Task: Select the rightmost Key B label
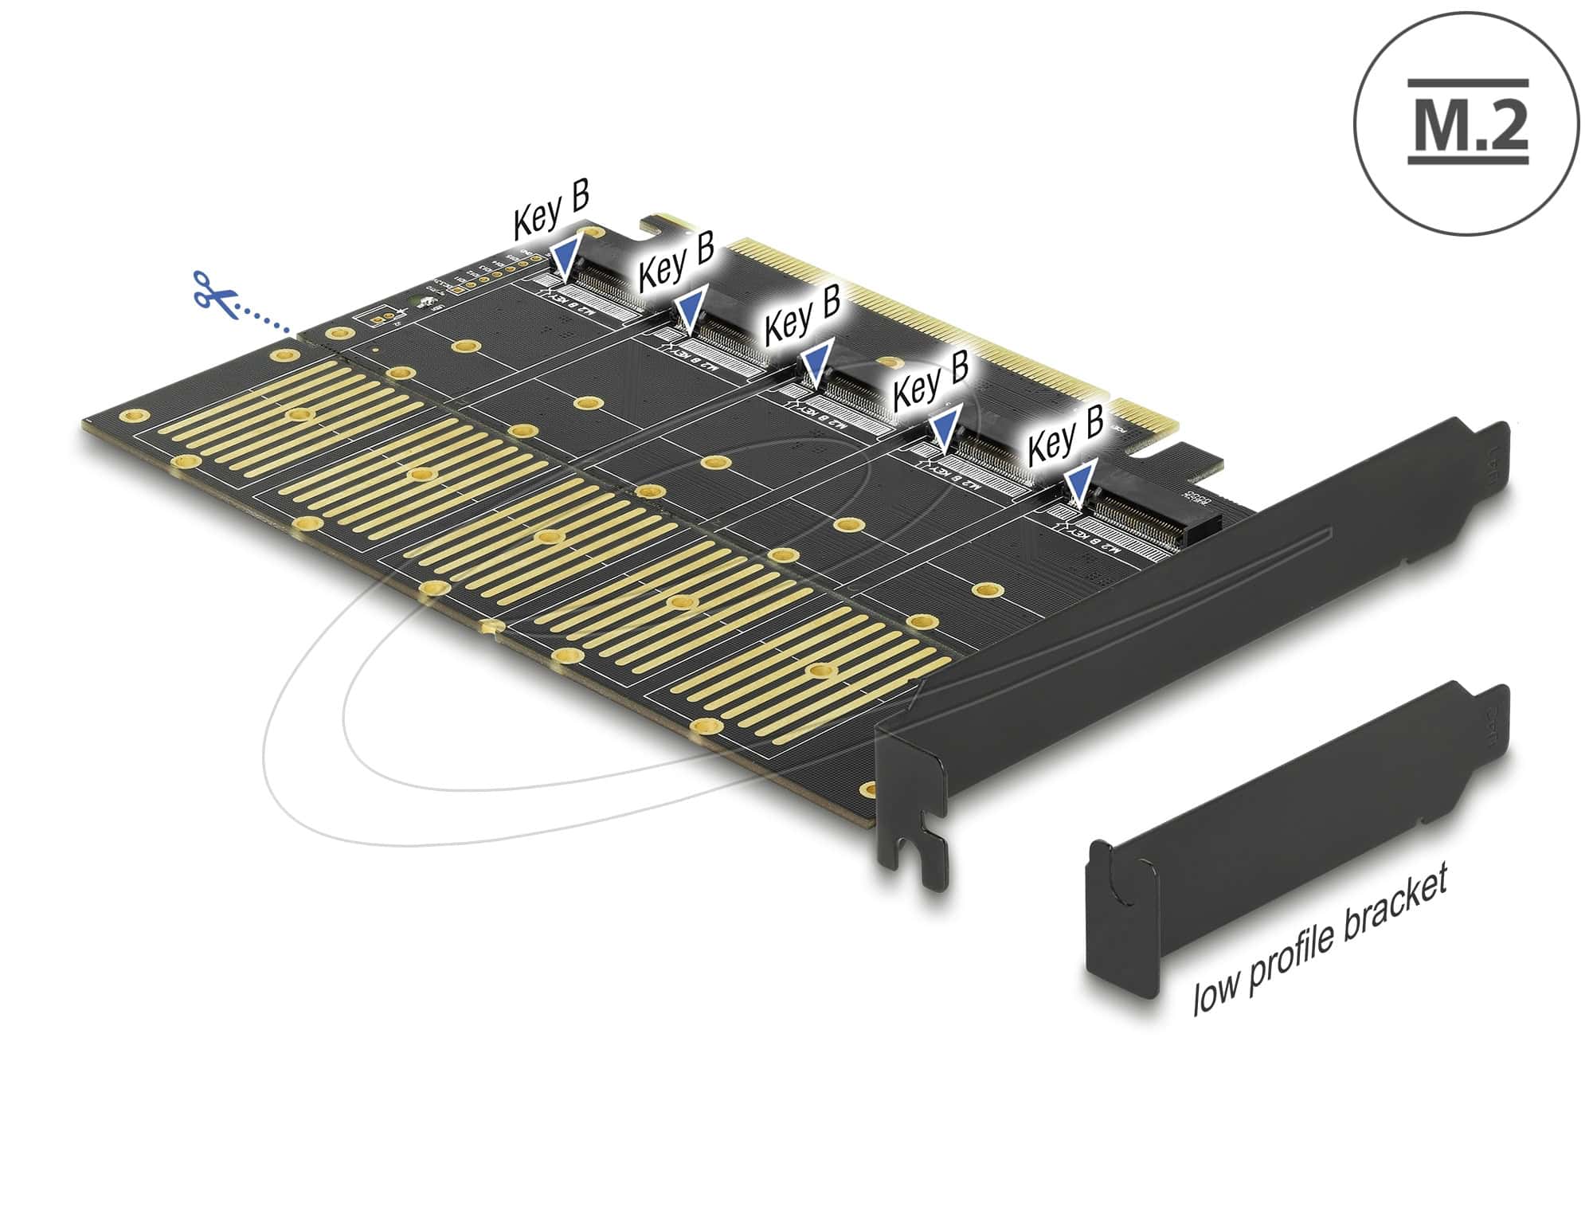1066,434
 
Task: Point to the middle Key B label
802,322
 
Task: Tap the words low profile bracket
1318,940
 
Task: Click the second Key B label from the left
675,260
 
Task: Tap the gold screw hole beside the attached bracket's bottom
870,789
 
